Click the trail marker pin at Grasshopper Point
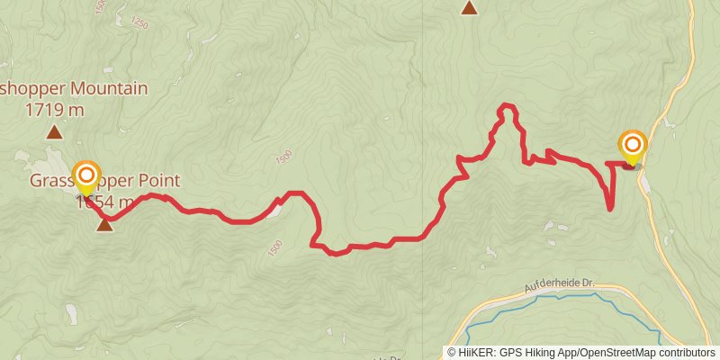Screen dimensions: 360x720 point(86,175)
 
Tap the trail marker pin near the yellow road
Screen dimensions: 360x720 point(633,146)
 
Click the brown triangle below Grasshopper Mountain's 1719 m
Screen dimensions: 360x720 point(55,133)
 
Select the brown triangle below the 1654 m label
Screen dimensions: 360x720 point(105,224)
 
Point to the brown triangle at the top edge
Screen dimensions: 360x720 point(469,8)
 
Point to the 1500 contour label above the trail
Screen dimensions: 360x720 point(284,157)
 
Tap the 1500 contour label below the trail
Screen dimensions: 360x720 point(275,245)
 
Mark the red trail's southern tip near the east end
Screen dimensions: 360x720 point(610,209)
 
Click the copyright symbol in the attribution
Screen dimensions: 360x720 point(453,352)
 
